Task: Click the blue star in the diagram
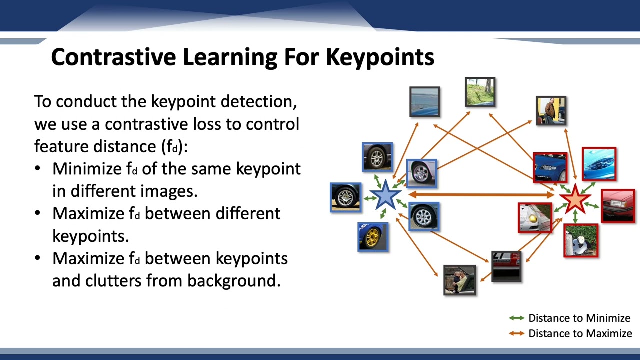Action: (385, 195)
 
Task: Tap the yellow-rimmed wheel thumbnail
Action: (373, 236)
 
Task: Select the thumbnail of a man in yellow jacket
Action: (551, 110)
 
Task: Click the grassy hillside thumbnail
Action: (480, 92)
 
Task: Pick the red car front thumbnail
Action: (618, 205)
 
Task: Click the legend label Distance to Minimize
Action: (579, 318)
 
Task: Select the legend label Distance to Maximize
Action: (580, 333)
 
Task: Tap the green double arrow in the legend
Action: (516, 318)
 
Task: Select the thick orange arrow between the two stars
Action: (480, 195)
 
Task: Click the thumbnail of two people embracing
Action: (459, 280)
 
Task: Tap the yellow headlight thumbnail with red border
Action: (535, 218)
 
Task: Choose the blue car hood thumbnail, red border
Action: (599, 163)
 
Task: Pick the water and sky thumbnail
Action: (424, 101)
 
